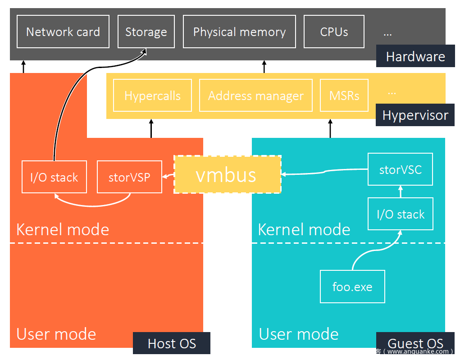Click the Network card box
[63, 32]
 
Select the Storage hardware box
[146, 32]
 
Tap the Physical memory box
[239, 32]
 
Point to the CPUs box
[334, 32]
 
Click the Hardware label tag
[415, 56]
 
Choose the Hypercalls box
[152, 96]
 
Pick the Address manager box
[255, 96]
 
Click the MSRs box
[344, 96]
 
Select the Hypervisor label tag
[415, 115]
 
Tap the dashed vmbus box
[227, 174]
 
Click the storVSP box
[129, 177]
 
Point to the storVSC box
[400, 169]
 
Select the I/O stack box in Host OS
[54, 177]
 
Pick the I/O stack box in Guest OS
[400, 214]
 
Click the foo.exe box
[352, 287]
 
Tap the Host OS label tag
[172, 343]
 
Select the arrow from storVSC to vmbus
[324, 172]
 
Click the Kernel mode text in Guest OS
[304, 230]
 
